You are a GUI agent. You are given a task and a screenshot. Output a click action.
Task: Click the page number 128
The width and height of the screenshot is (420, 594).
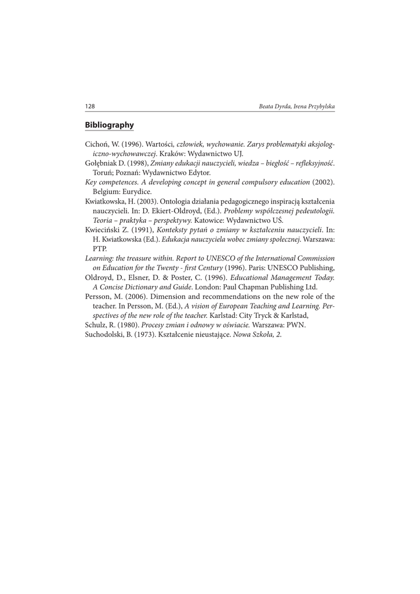pos(90,106)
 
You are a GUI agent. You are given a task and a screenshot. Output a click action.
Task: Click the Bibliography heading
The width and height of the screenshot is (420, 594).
pos(109,125)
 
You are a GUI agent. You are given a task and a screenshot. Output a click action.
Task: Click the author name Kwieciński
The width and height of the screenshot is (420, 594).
pos(106,230)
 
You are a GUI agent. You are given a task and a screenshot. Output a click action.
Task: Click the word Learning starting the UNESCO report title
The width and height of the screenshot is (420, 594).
pos(99,258)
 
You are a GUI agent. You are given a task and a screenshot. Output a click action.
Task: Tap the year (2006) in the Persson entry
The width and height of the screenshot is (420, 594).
pos(130,296)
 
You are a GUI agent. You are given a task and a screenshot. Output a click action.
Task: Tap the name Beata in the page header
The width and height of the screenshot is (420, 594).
pos(267,107)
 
